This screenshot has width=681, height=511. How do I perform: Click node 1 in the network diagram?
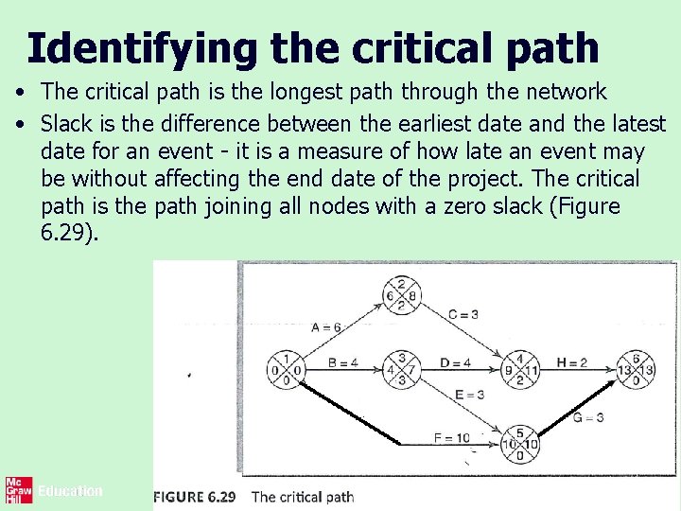[x=286, y=369]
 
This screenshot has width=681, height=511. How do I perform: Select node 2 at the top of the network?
[x=402, y=294]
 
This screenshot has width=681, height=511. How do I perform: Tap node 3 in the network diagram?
[x=401, y=369]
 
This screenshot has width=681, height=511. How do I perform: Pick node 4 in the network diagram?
[x=518, y=370]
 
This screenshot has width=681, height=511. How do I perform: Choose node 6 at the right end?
[x=637, y=369]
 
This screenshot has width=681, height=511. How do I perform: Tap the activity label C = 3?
[x=463, y=314]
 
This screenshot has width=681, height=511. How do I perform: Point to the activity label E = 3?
[x=471, y=395]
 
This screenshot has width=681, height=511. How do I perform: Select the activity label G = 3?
[x=587, y=417]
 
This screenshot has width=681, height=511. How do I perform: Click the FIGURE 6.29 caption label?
[x=196, y=496]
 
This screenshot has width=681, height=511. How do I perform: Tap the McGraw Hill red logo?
[x=18, y=490]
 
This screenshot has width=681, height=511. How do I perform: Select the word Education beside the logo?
[x=70, y=491]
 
